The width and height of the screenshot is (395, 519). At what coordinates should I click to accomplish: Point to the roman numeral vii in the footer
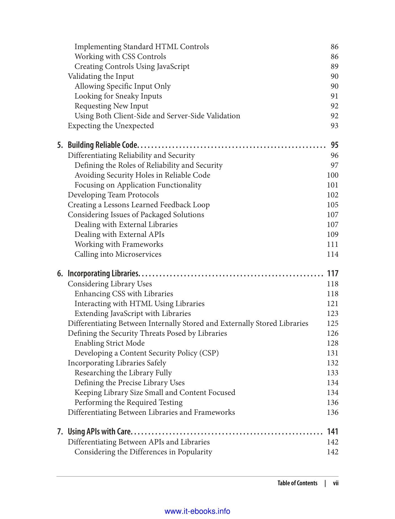(335, 483)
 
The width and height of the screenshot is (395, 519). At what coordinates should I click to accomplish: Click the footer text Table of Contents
(297, 483)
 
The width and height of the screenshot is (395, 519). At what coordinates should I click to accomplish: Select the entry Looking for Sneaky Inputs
(118, 96)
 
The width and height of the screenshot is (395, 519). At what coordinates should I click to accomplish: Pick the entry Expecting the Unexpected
(111, 126)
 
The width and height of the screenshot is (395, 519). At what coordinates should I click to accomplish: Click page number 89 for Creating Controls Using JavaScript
(334, 67)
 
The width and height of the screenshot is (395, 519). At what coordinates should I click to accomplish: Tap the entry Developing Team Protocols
(113, 195)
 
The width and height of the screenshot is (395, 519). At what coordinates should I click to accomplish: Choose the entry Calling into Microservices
(118, 254)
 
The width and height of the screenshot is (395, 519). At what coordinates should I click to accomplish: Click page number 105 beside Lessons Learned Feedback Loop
(333, 205)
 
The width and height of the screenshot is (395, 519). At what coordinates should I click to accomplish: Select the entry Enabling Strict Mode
(110, 343)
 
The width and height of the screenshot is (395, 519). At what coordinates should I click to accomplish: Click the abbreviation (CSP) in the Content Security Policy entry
(209, 353)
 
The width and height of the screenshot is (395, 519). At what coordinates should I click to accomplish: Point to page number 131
(333, 353)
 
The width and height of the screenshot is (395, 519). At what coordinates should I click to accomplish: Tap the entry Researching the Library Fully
(123, 373)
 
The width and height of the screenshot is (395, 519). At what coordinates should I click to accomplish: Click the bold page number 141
(333, 432)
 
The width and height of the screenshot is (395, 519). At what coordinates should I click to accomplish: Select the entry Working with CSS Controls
(120, 57)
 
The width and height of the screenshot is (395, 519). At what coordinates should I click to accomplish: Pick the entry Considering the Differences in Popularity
(143, 452)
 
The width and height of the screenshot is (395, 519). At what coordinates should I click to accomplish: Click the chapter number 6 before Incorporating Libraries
(60, 274)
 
